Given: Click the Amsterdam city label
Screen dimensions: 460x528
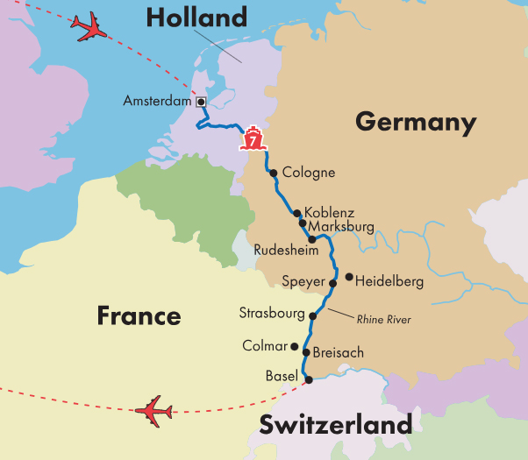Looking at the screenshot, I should pos(158,102).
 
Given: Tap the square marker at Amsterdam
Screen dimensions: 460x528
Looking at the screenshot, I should pos(201,102).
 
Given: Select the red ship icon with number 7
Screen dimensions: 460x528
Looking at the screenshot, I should pos(253,139).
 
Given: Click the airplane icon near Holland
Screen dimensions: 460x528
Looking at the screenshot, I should pos(90,27).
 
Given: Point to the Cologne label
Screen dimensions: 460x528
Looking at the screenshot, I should pos(308,173).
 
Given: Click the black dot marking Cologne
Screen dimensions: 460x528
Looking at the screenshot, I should pos(274,173).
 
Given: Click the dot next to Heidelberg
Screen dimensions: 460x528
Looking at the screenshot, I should pos(349,278).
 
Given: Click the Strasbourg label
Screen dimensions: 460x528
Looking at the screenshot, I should pos(272,314).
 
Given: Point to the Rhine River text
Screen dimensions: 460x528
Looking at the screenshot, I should pos(383,320).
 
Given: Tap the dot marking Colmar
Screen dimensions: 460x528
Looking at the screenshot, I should pos(295,346).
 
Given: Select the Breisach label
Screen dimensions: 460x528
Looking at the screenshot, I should pos(338,352).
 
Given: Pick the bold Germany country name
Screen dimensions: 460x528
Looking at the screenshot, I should pos(415,122).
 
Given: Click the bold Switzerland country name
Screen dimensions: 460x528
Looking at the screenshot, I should pos(335,426).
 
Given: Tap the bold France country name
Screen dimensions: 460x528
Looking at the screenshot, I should pos(139,315).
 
